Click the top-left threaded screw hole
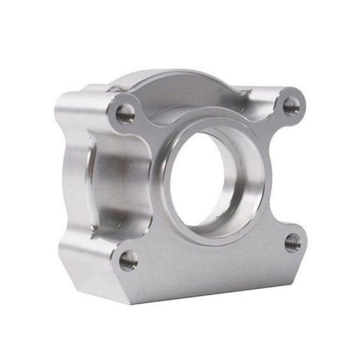(x=125, y=114)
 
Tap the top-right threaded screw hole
(x=291, y=106)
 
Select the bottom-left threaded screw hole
(x=128, y=261)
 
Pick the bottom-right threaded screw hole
(x=292, y=243)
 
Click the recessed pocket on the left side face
(x=106, y=184)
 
